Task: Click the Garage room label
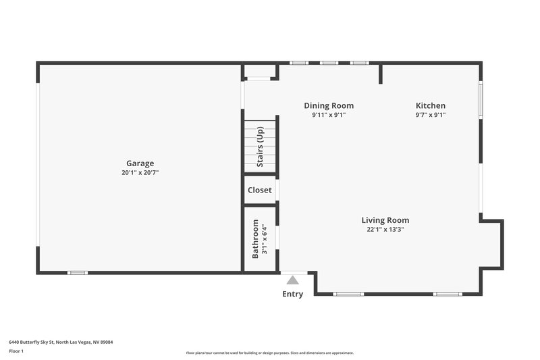click(x=140, y=163)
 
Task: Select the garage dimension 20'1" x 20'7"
click(x=140, y=173)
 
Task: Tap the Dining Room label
click(x=329, y=105)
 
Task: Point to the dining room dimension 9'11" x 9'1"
click(x=329, y=115)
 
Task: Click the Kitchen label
click(x=430, y=105)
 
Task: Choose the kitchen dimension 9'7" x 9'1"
click(x=430, y=115)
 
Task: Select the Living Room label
click(x=385, y=220)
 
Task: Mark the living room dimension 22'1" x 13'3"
click(x=385, y=230)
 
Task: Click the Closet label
click(x=260, y=190)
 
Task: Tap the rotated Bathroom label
click(x=256, y=238)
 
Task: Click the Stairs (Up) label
click(x=260, y=147)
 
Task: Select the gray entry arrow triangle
click(x=292, y=280)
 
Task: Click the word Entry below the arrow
click(x=292, y=294)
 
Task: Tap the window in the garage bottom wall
click(x=78, y=273)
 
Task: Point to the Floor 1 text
click(x=16, y=352)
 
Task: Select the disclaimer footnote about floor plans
click(x=269, y=353)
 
